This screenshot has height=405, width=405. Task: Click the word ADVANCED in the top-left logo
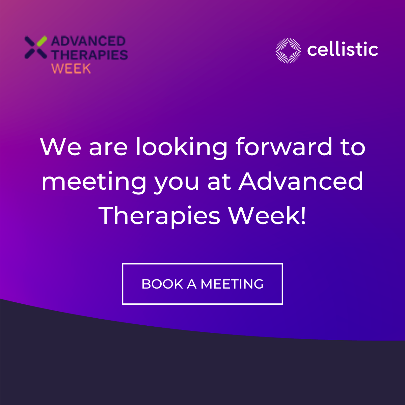pyautogui.click(x=88, y=42)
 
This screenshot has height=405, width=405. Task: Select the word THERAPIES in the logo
pyautogui.click(x=90, y=55)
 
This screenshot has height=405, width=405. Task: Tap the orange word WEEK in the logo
pyautogui.click(x=71, y=69)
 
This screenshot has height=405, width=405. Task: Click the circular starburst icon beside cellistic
pyautogui.click(x=288, y=51)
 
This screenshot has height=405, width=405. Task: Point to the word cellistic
pyautogui.click(x=342, y=50)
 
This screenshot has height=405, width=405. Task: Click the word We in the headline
pyautogui.click(x=61, y=147)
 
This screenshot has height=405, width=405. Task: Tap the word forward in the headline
pyautogui.click(x=283, y=147)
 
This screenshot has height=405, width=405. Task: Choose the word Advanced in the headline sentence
pyautogui.click(x=301, y=181)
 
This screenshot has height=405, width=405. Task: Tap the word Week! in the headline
pyautogui.click(x=267, y=215)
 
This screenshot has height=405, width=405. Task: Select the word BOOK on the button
pyautogui.click(x=162, y=284)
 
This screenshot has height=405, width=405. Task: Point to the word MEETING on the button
pyautogui.click(x=232, y=284)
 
